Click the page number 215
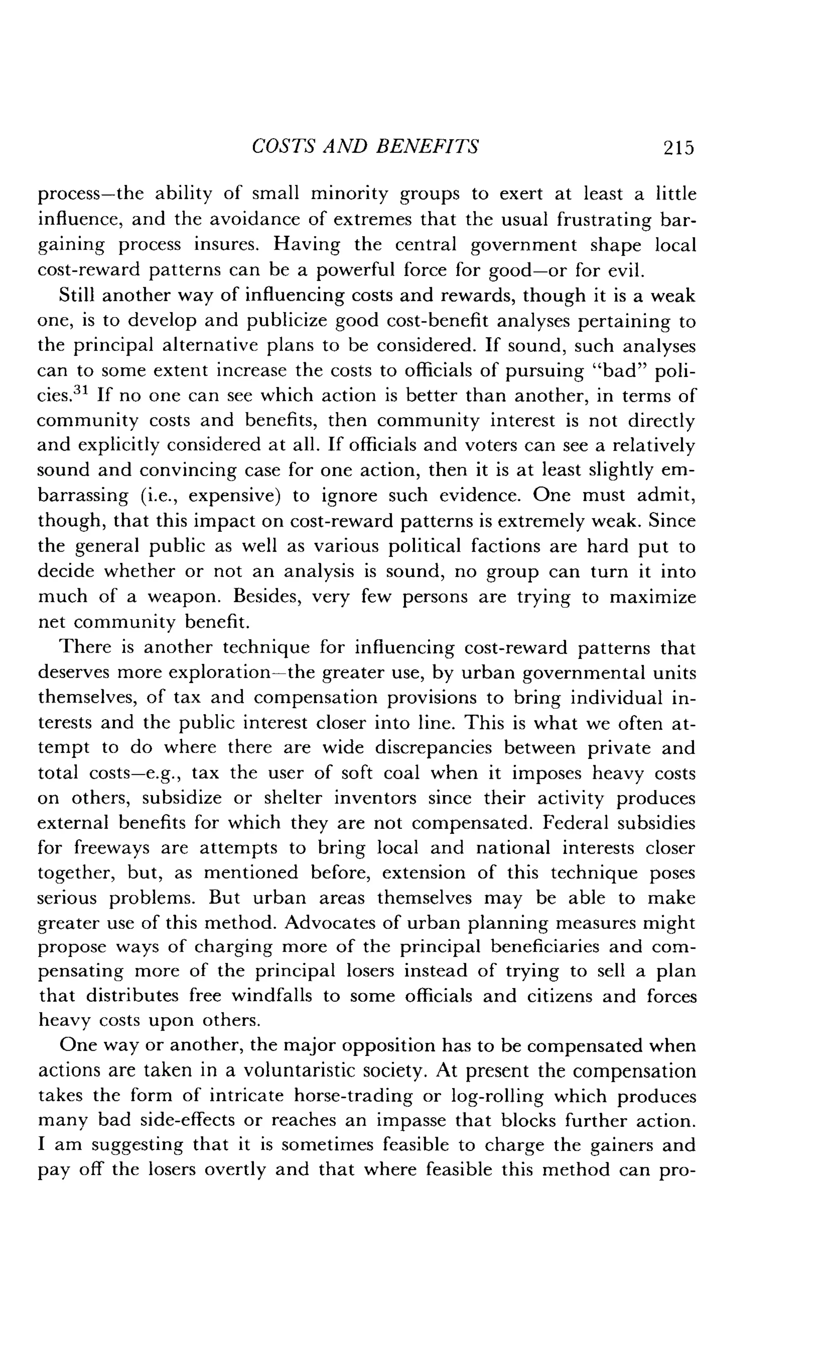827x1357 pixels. pyautogui.click(x=679, y=147)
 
